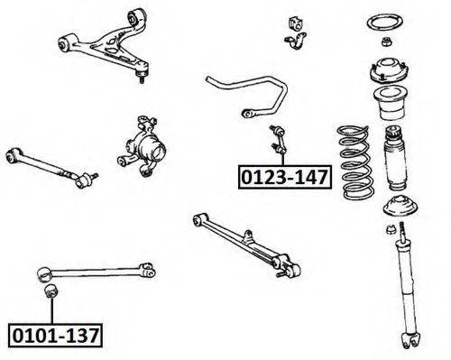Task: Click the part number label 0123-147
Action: pos(285,177)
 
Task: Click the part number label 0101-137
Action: pos(55,336)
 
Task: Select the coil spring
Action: pos(355,162)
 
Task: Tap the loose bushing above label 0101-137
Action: pos(51,291)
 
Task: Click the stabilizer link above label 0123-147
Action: pos(279,140)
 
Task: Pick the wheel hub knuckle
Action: pos(142,146)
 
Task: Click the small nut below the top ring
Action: pos(386,42)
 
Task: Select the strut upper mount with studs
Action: pos(388,70)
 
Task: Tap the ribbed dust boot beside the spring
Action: pos(396,158)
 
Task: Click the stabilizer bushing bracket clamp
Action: pos(295,42)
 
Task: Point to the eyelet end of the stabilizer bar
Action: pos(247,114)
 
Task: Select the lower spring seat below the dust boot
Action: pos(400,207)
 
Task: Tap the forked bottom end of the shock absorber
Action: pos(410,340)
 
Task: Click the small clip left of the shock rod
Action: pos(391,229)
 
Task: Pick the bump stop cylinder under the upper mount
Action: pos(391,104)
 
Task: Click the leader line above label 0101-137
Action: pos(51,310)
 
